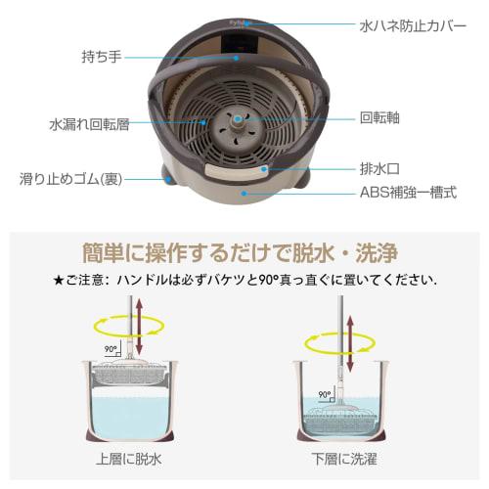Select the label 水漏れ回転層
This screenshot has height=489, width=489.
(88, 125)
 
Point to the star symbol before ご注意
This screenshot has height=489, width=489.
(59, 281)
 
